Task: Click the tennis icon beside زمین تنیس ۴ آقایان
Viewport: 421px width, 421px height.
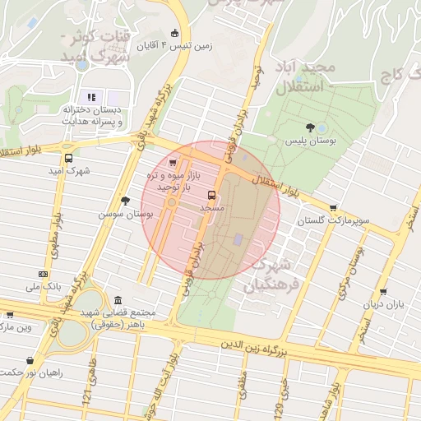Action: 174,33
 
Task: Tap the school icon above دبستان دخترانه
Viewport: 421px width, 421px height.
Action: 91,96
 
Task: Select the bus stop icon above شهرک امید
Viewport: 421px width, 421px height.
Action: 68,158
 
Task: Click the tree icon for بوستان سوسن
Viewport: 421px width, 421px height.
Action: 125,201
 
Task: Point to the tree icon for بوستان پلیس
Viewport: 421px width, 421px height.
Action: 309,127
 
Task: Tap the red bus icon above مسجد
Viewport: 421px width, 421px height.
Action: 212,196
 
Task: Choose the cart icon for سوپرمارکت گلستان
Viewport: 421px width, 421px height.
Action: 332,209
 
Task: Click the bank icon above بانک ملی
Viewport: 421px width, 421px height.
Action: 43,275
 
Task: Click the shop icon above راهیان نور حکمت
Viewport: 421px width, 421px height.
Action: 30,360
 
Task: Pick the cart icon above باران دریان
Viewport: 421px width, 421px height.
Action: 383,292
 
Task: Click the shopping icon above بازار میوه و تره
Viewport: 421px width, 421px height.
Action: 172,163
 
